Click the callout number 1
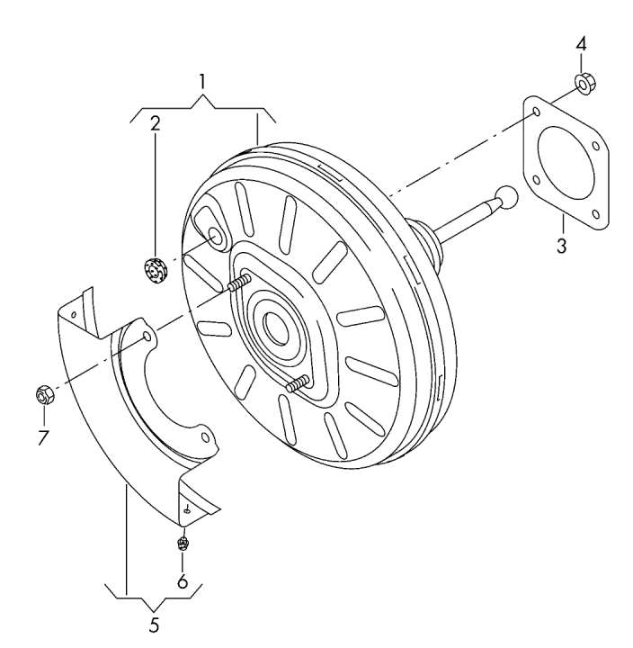pyautogui.click(x=202, y=82)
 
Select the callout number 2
pyautogui.click(x=155, y=123)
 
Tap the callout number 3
pyautogui.click(x=562, y=247)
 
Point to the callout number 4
pyautogui.click(x=581, y=44)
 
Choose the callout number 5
pyautogui.click(x=154, y=625)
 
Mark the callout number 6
pyautogui.click(x=183, y=581)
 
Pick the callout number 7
pyautogui.click(x=43, y=437)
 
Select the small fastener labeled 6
pyautogui.click(x=183, y=543)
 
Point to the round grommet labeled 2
pyautogui.click(x=156, y=270)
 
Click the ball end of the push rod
pyautogui.click(x=507, y=197)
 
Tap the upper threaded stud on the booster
pyautogui.click(x=239, y=283)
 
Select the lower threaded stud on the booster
pyautogui.click(x=298, y=384)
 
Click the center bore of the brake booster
pyautogui.click(x=275, y=329)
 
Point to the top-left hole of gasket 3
pyautogui.click(x=537, y=112)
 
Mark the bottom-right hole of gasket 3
pyautogui.click(x=595, y=213)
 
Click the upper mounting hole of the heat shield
pyautogui.click(x=147, y=336)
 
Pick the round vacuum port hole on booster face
pyautogui.click(x=215, y=238)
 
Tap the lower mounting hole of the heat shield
pyautogui.click(x=205, y=437)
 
